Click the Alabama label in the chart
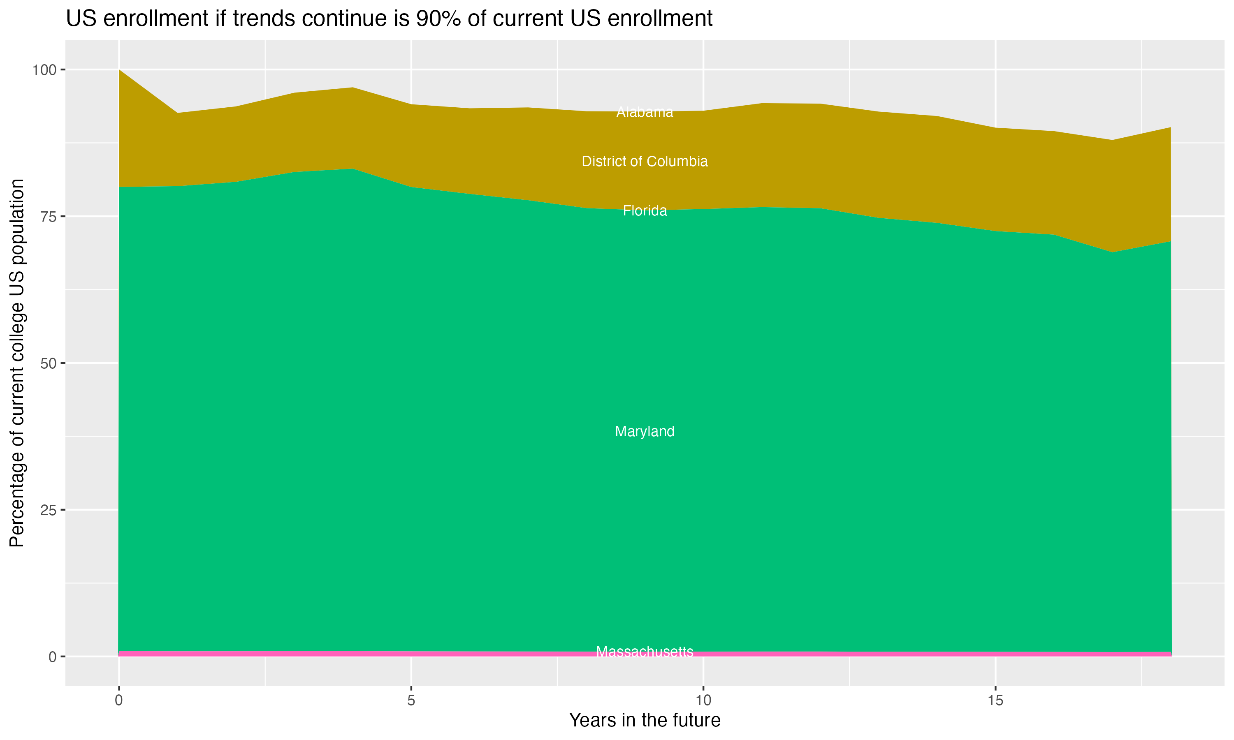coord(645,112)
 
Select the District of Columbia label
coord(645,162)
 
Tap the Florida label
coord(645,211)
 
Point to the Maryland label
coord(645,431)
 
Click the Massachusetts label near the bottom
coord(645,651)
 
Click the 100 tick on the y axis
coord(44,70)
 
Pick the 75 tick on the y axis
coord(48,216)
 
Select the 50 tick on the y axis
coord(48,363)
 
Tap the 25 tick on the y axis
coord(48,510)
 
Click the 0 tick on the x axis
coord(119,701)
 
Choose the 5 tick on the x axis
coord(411,701)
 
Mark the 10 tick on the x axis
coord(703,701)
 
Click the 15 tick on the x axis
coord(995,701)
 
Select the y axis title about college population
coord(17,363)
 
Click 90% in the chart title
coord(438,19)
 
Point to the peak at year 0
coord(119,70)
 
